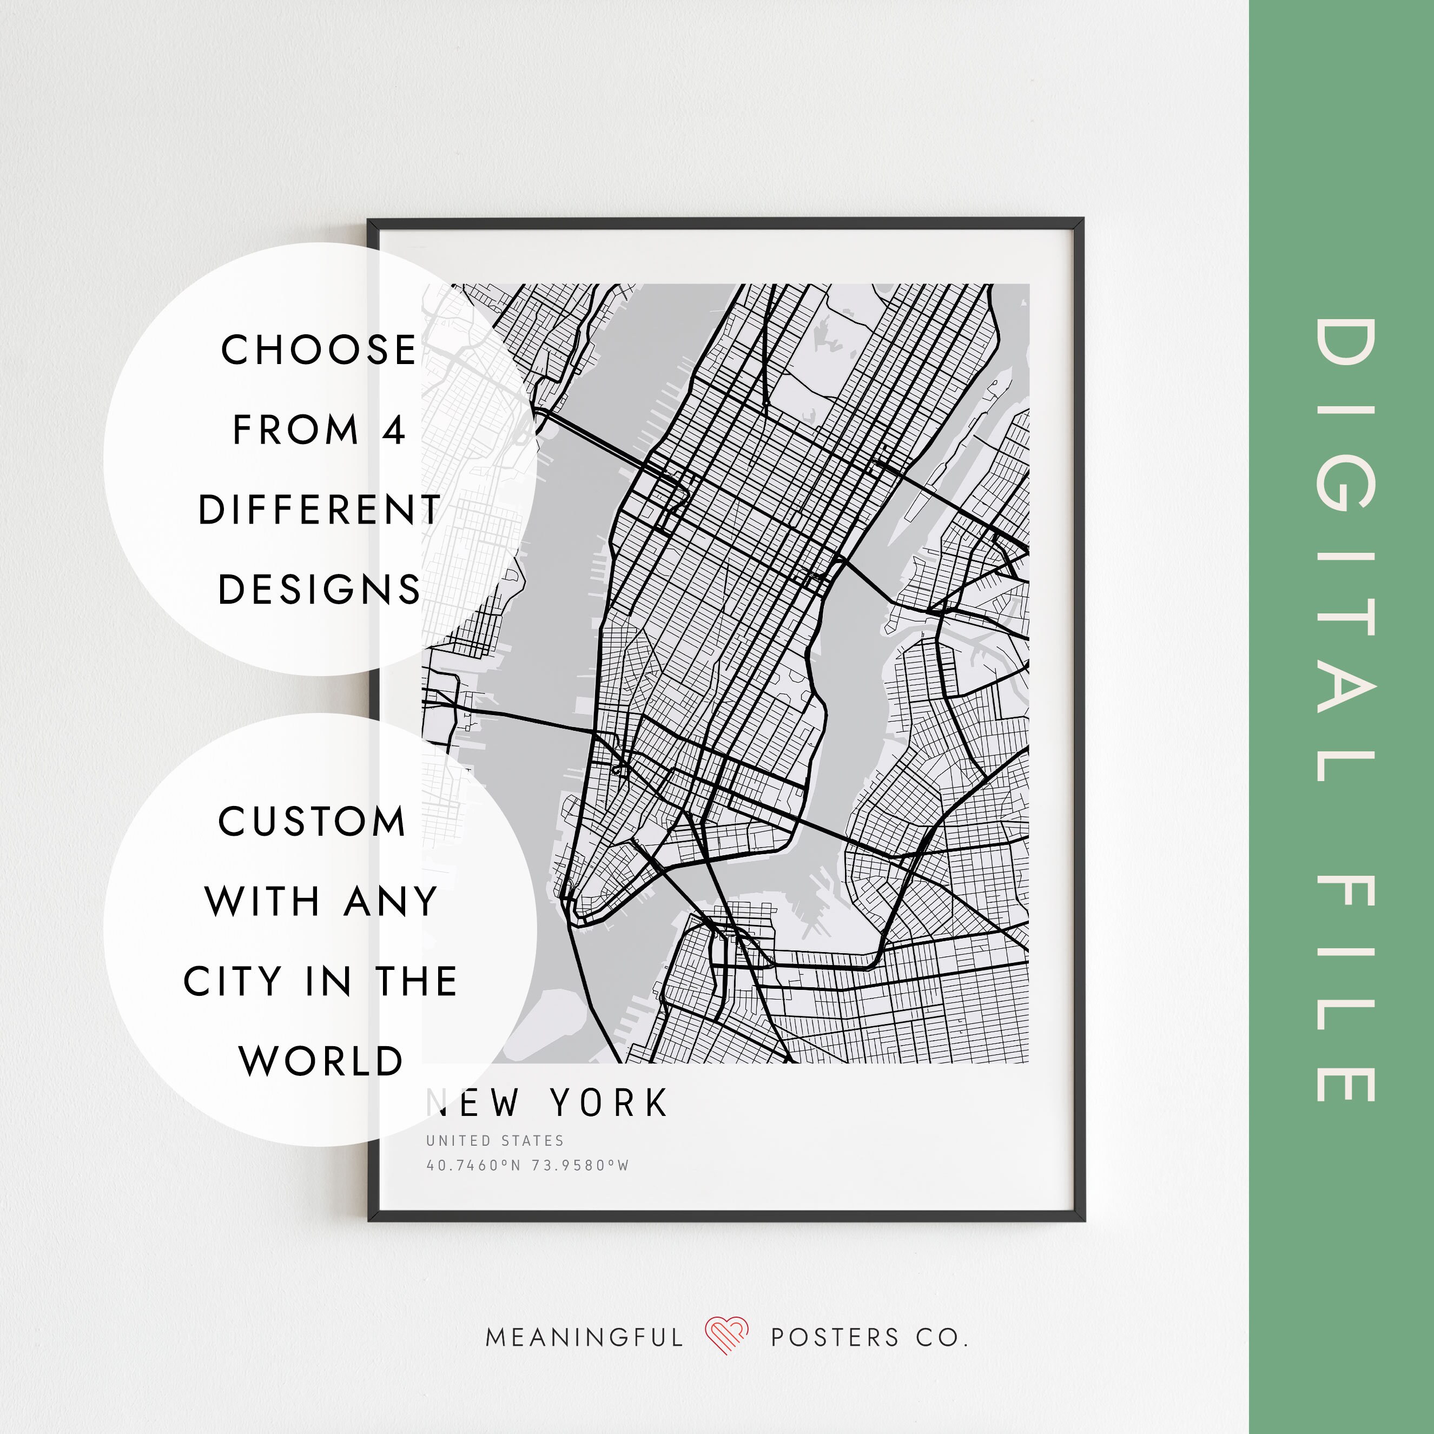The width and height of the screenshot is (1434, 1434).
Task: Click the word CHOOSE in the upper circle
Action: pos(319,351)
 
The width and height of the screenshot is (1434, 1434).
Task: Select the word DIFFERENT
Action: pos(320,511)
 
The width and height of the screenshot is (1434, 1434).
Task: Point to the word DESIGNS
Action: pos(319,590)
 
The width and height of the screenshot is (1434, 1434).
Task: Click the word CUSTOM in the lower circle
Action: pos(312,822)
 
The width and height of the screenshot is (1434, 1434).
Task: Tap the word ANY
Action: pos(391,902)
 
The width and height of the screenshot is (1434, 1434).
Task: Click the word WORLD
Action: pos(321,1061)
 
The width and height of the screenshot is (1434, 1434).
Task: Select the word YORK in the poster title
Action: pos(609,1103)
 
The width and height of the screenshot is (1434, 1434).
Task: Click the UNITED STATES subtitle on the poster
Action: pos(495,1141)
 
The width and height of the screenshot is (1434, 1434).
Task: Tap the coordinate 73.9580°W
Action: pos(580,1166)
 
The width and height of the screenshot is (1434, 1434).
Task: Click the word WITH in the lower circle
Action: pos(262,902)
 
